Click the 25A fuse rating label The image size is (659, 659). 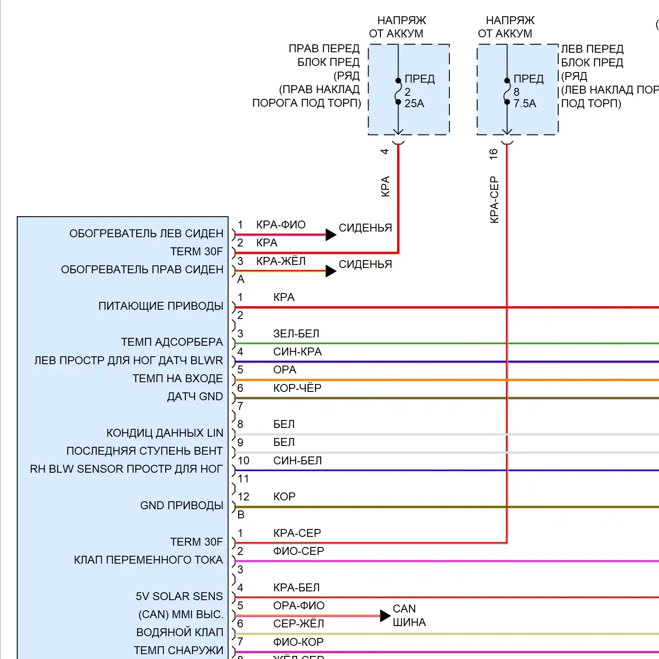pyautogui.click(x=414, y=104)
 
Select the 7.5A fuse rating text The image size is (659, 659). pyautogui.click(x=525, y=104)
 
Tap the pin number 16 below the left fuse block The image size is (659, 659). pyautogui.click(x=493, y=153)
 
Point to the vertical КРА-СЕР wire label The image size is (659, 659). pyautogui.click(x=494, y=200)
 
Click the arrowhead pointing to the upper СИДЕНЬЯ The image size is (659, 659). pyautogui.click(x=331, y=235)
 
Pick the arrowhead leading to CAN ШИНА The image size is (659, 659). pyautogui.click(x=385, y=616)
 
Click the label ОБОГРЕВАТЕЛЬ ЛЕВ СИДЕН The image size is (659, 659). pyautogui.click(x=146, y=233)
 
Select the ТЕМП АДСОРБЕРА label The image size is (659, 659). pyautogui.click(x=172, y=342)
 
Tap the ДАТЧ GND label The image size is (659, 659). pyautogui.click(x=195, y=396)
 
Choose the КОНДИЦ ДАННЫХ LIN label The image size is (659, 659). pyautogui.click(x=165, y=433)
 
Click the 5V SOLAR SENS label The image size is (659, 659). pyautogui.click(x=179, y=596)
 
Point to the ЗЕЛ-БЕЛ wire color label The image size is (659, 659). pyautogui.click(x=296, y=333)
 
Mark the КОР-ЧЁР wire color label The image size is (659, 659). pyautogui.click(x=297, y=388)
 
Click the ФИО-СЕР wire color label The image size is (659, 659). pyautogui.click(x=298, y=551)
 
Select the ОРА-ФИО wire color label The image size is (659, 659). pyautogui.click(x=299, y=605)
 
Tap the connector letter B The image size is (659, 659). pyautogui.click(x=241, y=514)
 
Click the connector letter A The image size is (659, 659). pyautogui.click(x=241, y=279)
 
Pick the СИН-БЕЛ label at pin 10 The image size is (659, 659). pyautogui.click(x=297, y=460)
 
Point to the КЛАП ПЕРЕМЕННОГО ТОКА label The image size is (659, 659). pyautogui.click(x=148, y=560)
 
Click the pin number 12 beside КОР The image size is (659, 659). pyautogui.click(x=243, y=496)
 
